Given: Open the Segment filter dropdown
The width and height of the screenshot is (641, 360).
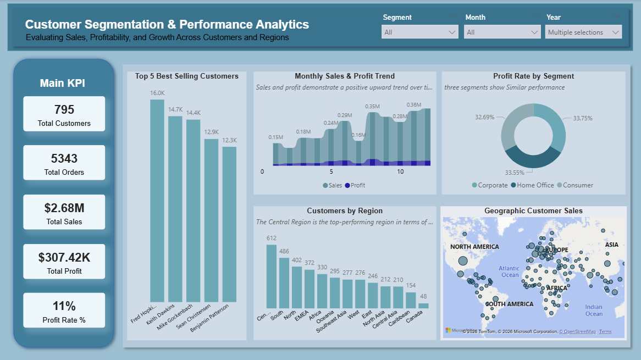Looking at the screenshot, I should (x=420, y=32).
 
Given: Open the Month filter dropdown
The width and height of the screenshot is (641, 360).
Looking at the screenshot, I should (x=502, y=32).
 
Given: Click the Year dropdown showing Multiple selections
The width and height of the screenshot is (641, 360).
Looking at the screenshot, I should (x=584, y=32).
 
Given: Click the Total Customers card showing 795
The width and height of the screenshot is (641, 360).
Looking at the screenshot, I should (x=64, y=114).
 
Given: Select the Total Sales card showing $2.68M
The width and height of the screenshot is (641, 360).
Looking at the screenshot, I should (x=64, y=212).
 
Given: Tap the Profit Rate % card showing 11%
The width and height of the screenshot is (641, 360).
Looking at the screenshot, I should (x=64, y=311).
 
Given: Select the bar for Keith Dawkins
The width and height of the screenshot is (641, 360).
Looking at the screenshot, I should (x=175, y=209).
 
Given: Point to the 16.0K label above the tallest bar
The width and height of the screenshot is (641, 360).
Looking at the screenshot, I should (x=157, y=93).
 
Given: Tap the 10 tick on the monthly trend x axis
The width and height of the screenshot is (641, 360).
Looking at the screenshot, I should (x=400, y=172).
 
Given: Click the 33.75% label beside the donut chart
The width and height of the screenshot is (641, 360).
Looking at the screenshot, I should (x=583, y=118).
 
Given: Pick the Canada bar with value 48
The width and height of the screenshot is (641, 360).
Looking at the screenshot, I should (x=423, y=306).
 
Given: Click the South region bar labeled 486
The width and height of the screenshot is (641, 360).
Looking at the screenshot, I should (x=284, y=283).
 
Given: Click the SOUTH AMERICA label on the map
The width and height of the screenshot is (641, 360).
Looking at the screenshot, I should (x=509, y=304).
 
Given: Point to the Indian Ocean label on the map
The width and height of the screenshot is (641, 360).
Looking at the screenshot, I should (x=593, y=311).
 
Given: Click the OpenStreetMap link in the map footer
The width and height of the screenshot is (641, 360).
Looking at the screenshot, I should (x=577, y=331).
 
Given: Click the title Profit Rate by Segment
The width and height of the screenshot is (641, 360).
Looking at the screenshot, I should (x=533, y=76).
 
